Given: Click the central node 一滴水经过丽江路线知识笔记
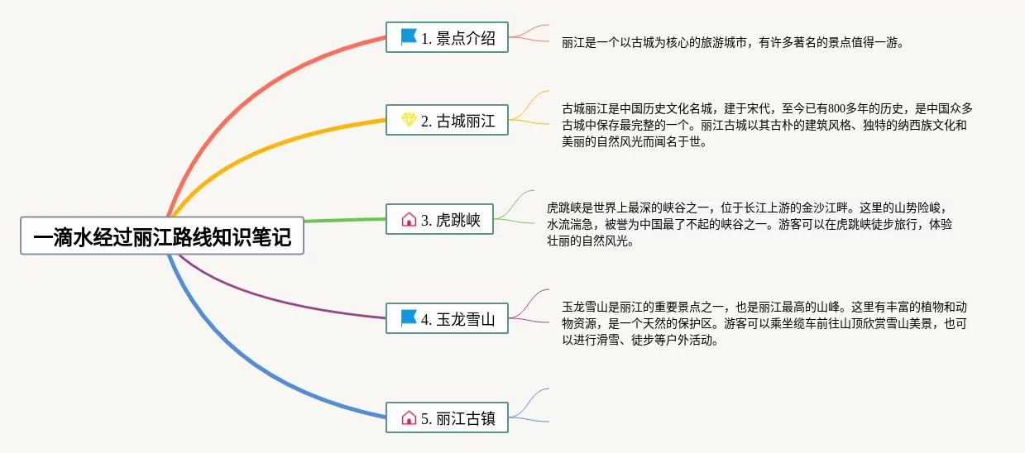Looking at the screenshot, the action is (x=162, y=236).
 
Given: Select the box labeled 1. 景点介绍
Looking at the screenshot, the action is (x=447, y=37).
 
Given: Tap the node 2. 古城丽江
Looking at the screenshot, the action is (x=447, y=120).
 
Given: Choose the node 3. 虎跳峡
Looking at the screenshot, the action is (x=440, y=219).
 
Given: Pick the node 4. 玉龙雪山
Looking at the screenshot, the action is (x=447, y=318).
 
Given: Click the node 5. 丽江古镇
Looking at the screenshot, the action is (x=447, y=417).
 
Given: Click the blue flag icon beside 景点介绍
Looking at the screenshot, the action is (x=408, y=37).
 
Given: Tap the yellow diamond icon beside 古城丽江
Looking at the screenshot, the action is (x=409, y=120).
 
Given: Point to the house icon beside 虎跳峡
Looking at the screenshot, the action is (x=409, y=219).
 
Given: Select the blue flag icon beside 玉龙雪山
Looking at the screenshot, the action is (x=408, y=318).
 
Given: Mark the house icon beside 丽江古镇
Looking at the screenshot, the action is (x=409, y=417).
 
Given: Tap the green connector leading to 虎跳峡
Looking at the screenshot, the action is (x=346, y=220).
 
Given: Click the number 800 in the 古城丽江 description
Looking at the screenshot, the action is (x=836, y=109).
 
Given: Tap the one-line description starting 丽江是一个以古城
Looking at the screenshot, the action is (x=733, y=42).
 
